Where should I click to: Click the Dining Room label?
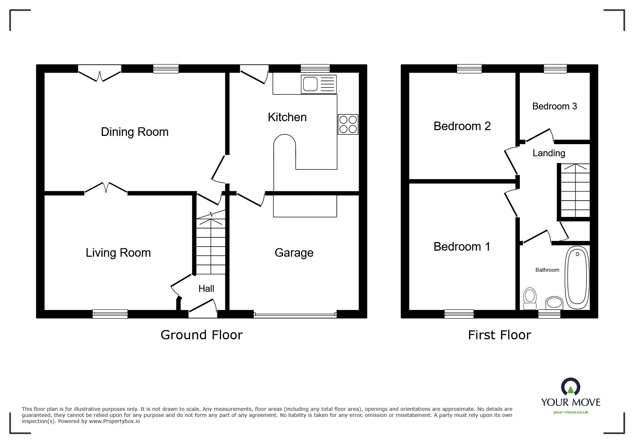coord(135,132)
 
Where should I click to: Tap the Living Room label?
coord(118,253)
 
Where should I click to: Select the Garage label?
coord(294,253)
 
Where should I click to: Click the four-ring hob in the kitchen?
coord(348,124)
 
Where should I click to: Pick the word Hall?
coord(207,289)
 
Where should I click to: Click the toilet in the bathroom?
coord(530,299)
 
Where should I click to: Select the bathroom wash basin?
coord(554,303)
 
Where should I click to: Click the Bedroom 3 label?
coord(555,106)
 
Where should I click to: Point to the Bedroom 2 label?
coord(462,126)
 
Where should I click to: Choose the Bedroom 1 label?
coord(462,247)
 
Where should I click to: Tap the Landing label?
coord(549,153)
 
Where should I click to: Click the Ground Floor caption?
coord(202,335)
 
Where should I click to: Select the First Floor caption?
coord(499,335)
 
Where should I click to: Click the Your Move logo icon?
coord(570,387)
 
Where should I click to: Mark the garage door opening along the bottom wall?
coord(295,315)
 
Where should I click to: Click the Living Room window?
coord(110,314)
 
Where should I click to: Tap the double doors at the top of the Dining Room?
coord(100,73)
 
